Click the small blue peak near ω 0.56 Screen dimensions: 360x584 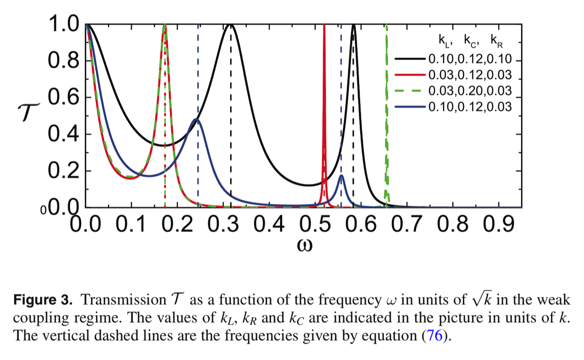tap(341, 176)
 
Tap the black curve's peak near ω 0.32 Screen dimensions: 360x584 tap(231, 25)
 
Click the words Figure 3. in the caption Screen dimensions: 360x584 tap(42, 299)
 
